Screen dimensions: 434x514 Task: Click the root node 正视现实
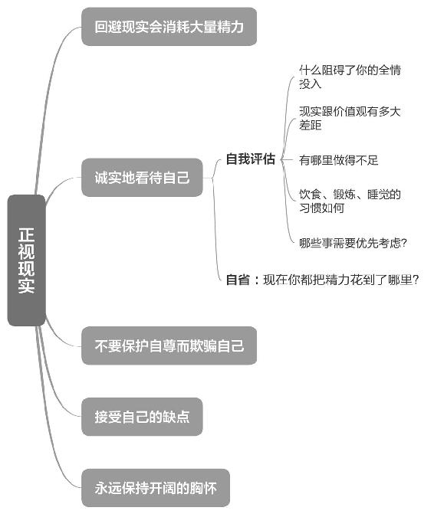[27, 260]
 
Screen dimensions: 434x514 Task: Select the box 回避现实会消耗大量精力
[169, 27]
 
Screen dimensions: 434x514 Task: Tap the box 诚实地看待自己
[142, 178]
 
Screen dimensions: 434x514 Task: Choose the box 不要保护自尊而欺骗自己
[169, 345]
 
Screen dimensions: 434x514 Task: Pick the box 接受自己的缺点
[142, 417]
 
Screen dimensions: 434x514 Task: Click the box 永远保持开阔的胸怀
[156, 488]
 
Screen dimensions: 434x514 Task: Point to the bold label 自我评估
[251, 159]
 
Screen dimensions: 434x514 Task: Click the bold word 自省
[238, 280]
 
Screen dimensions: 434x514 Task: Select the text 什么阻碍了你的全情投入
[350, 77]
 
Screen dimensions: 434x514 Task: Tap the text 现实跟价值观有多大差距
[350, 118]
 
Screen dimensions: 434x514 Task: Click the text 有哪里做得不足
[339, 160]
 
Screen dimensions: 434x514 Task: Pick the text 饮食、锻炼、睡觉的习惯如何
[350, 201]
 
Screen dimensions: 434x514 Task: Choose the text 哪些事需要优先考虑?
[353, 243]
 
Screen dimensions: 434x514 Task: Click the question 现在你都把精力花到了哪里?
[341, 280]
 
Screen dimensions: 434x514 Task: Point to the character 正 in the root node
[27, 234]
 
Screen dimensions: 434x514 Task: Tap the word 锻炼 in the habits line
[344, 195]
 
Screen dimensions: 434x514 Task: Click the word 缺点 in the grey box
[176, 417]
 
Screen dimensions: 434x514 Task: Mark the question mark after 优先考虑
[404, 243]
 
